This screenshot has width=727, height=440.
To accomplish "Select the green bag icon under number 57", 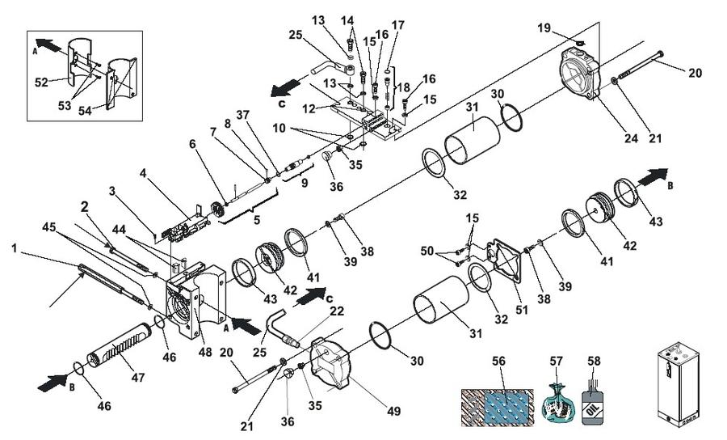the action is [x=557, y=403].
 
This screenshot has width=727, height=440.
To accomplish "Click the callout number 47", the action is [x=137, y=378].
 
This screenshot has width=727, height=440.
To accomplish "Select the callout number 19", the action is [x=544, y=27].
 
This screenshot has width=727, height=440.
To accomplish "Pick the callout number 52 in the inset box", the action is [x=42, y=82].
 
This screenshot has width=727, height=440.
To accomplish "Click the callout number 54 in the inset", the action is [x=85, y=111].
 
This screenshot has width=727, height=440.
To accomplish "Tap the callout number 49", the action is [x=393, y=411].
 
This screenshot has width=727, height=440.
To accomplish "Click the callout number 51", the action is [x=522, y=310].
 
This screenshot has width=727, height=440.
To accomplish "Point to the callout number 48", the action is [x=205, y=352].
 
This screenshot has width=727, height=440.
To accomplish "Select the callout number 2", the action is [x=84, y=206].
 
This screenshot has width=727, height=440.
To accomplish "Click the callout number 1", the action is [x=15, y=248].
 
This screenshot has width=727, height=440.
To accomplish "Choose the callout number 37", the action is [x=244, y=114].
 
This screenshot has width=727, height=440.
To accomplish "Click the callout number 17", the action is [x=397, y=25].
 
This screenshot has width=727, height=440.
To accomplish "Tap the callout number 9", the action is [x=305, y=183].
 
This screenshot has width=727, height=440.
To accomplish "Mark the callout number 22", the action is [x=337, y=311].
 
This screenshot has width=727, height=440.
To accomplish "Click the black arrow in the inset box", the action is [x=48, y=45].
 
